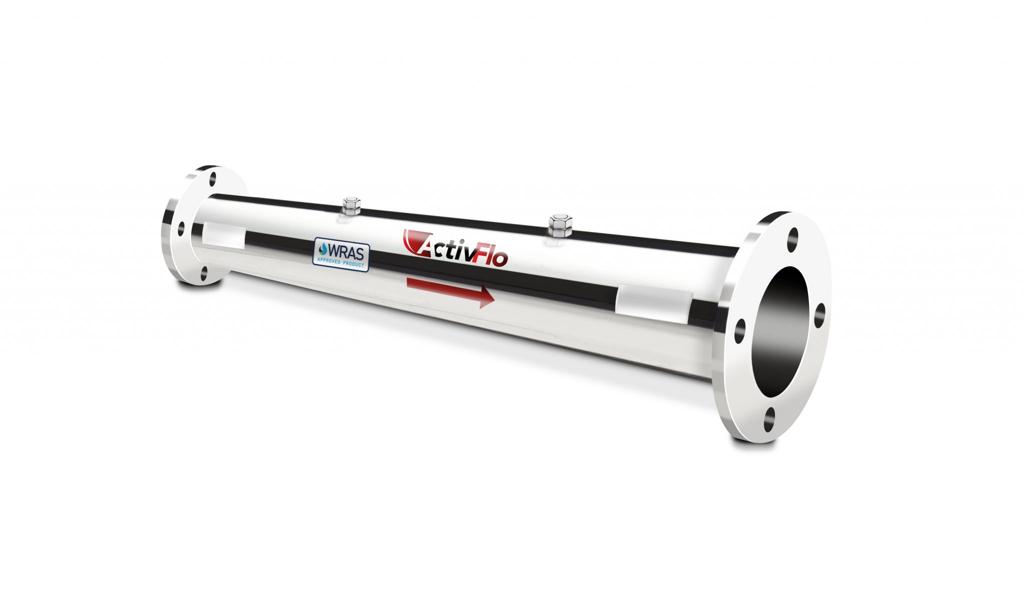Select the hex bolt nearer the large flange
point(556,226)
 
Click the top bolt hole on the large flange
point(793,239)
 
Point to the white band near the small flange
point(222,236)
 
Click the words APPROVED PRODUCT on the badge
point(341,262)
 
